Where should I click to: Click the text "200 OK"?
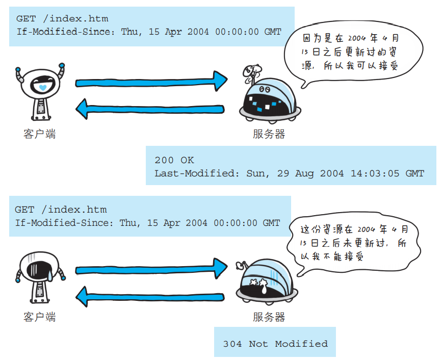pos(174,160)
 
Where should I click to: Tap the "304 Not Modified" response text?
pos(275,344)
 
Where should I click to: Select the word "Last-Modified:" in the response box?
pos(197,173)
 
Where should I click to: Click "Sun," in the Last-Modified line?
pos(257,173)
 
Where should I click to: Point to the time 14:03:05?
pos(375,173)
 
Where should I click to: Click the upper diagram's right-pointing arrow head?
pos(220,81)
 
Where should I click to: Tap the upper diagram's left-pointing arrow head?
pos(82,109)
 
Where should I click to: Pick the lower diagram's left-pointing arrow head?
pos(82,296)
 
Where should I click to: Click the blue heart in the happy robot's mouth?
pos(43,88)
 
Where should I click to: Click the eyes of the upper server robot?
pos(265,89)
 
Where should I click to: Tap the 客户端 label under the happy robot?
pos(40,134)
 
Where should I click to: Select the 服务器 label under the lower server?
pos(269,317)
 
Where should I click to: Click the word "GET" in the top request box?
pos(27,19)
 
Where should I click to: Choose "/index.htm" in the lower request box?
pos(74,210)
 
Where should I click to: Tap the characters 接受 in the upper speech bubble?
pos(388,66)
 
